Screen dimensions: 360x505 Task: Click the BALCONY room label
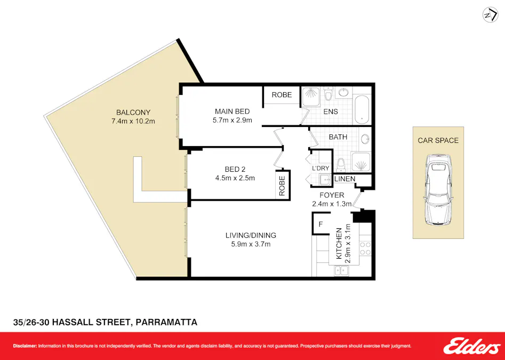(133, 113)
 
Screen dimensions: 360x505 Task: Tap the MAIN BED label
(232, 111)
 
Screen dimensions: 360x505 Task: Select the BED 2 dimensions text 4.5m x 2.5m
(236, 178)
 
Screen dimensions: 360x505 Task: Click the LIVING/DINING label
(251, 235)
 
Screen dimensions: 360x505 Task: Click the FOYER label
(332, 195)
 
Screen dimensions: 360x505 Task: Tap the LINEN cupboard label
(345, 179)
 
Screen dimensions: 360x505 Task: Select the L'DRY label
(320, 169)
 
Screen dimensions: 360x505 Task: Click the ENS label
(331, 112)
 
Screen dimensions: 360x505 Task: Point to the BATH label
(338, 137)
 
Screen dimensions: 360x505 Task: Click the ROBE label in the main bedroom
(282, 95)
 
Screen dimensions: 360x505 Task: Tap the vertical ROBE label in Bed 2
(282, 185)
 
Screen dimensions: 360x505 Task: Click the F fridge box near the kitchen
(320, 225)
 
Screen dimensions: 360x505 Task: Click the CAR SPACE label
(438, 140)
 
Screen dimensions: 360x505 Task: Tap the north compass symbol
(489, 15)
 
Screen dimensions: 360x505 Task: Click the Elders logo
(472, 346)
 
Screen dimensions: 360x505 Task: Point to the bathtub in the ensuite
(362, 107)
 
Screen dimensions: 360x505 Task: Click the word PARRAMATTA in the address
(166, 322)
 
